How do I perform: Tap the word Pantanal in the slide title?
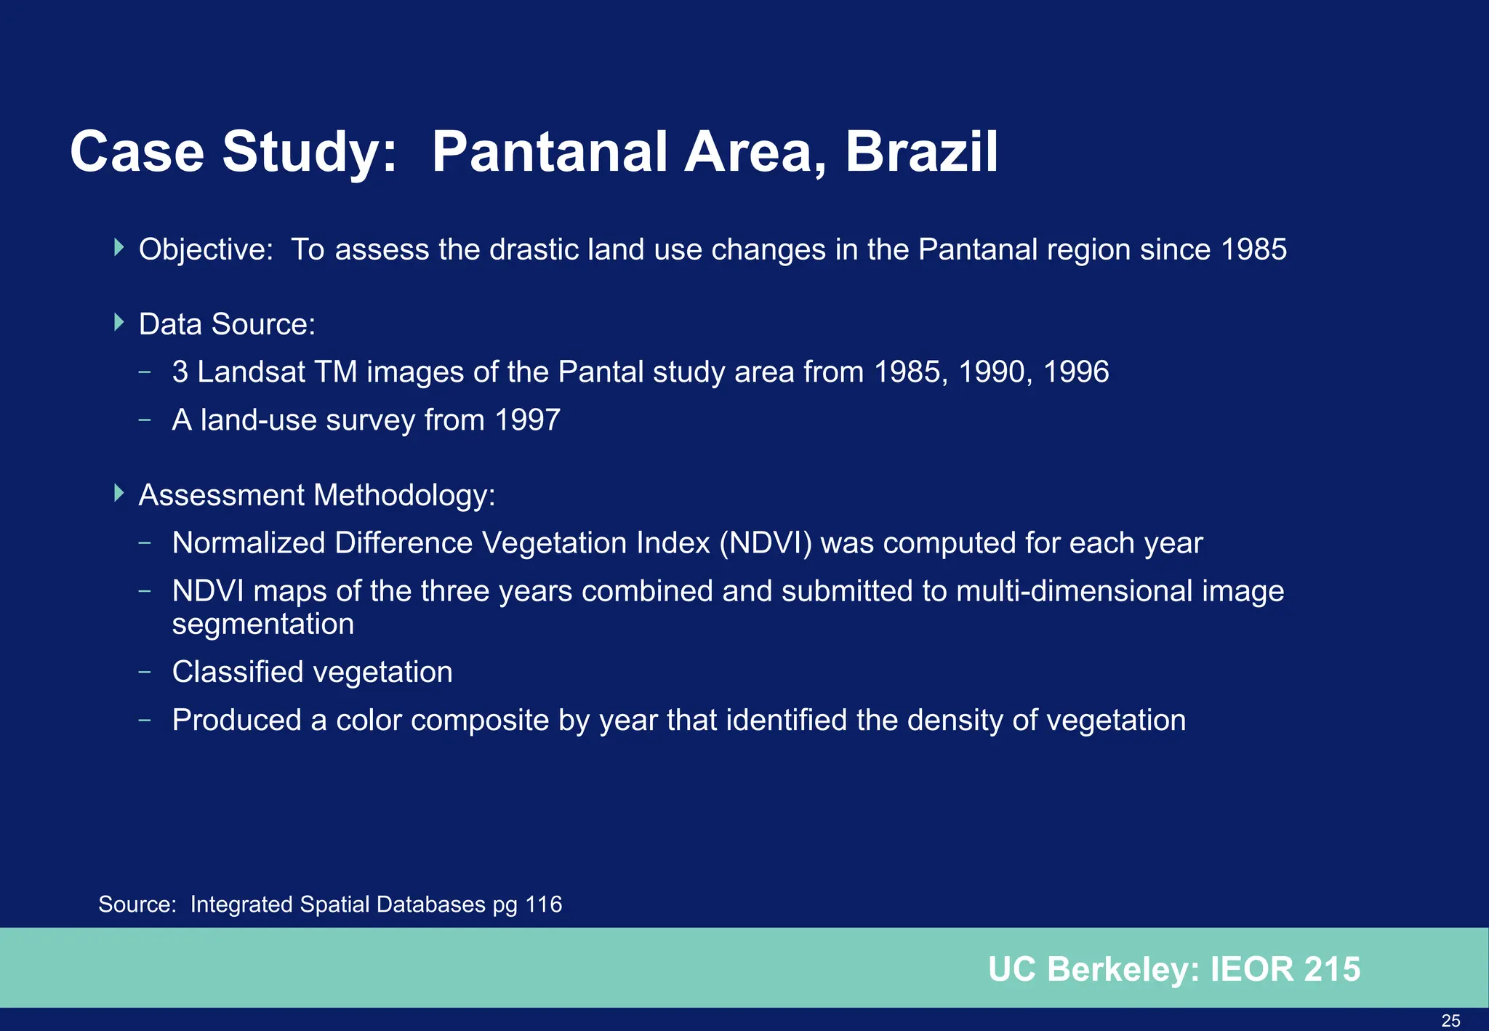tap(549, 152)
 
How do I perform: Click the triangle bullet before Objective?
tap(119, 247)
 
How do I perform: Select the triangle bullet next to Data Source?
tap(119, 322)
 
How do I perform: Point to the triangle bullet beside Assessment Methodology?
tap(119, 493)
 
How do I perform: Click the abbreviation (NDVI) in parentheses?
tap(766, 543)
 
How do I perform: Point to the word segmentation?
tap(263, 624)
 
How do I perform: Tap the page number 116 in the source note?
tap(543, 904)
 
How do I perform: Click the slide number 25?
tap(1450, 1021)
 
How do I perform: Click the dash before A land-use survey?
tap(145, 420)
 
